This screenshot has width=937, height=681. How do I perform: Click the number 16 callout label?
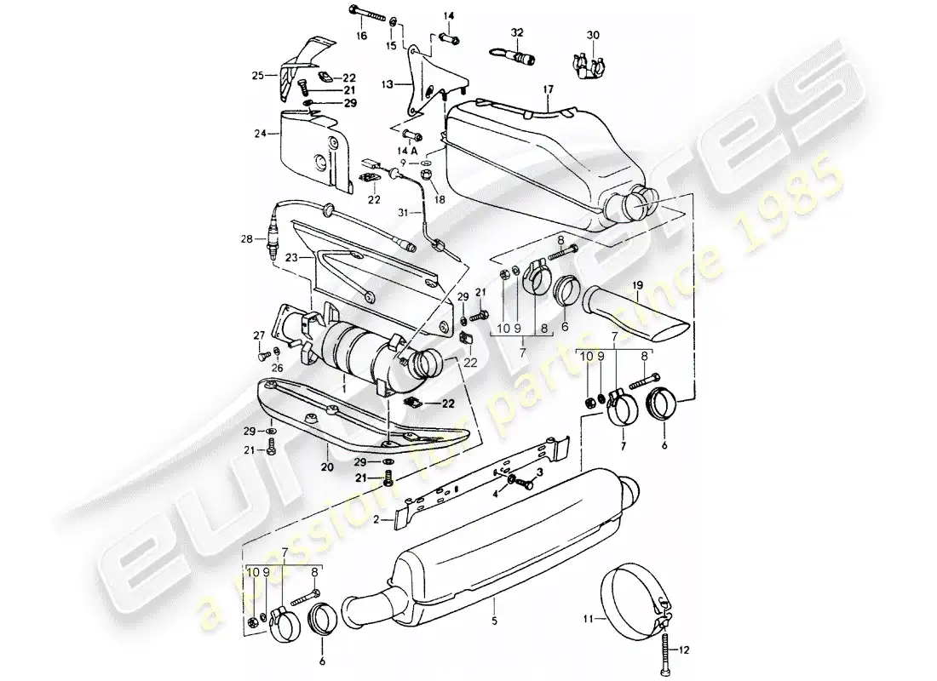pyautogui.click(x=361, y=36)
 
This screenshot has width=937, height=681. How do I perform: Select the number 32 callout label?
pyautogui.click(x=516, y=31)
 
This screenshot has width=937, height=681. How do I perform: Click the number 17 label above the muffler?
pyautogui.click(x=547, y=88)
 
